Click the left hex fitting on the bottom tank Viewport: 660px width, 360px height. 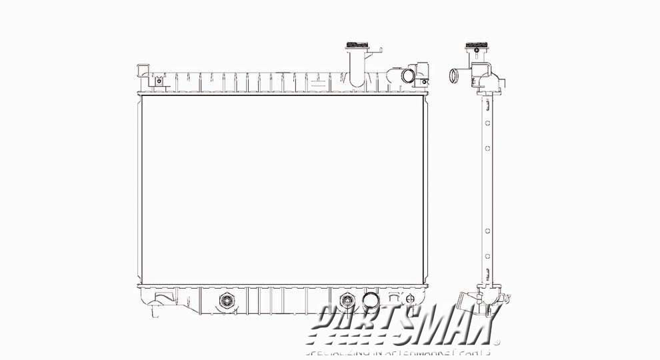[226, 301]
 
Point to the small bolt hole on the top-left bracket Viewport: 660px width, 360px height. [159, 83]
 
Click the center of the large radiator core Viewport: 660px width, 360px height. [280, 190]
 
